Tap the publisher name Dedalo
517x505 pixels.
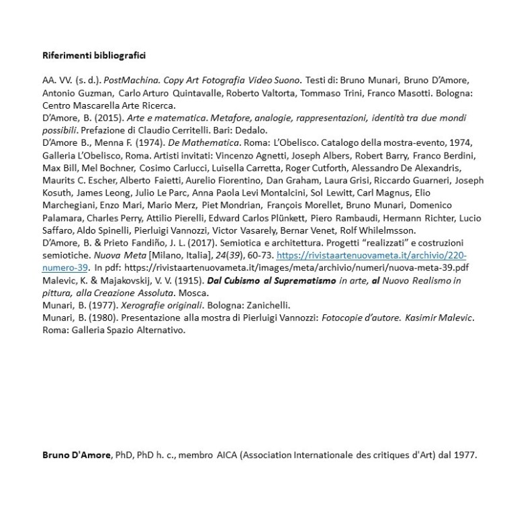click(x=251, y=130)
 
